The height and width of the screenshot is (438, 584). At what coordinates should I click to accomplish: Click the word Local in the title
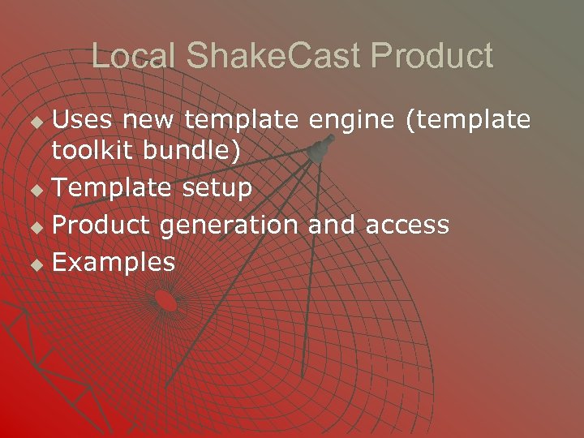click(133, 56)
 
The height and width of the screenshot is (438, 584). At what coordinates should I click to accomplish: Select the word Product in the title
click(432, 56)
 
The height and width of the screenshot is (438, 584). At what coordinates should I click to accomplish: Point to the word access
click(407, 225)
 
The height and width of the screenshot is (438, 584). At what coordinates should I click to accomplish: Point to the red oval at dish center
click(165, 301)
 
